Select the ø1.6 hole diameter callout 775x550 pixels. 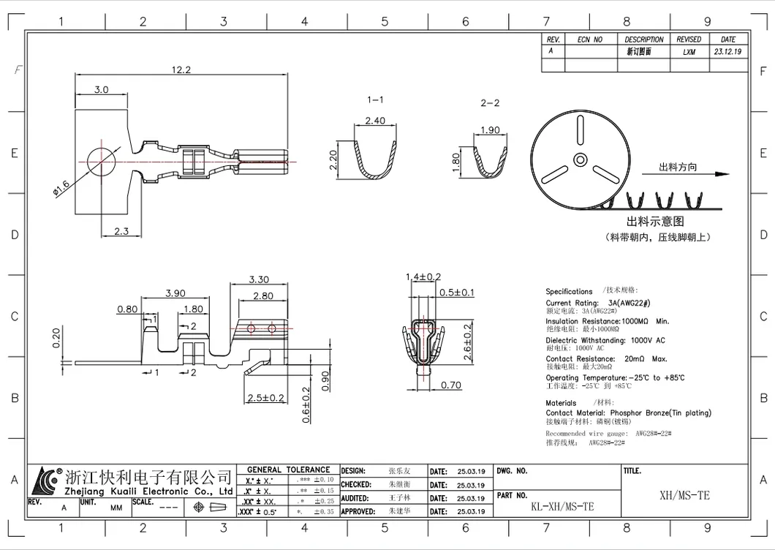(x=61, y=187)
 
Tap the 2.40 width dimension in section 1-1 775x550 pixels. (x=374, y=120)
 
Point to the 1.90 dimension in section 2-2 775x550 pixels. (x=490, y=130)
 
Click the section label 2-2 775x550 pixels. (x=490, y=103)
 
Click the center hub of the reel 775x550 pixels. (x=580, y=158)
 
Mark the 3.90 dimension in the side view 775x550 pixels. (x=174, y=293)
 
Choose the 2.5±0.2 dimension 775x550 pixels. (x=265, y=398)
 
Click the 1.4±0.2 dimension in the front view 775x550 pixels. (x=423, y=276)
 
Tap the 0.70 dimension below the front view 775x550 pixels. (x=451, y=385)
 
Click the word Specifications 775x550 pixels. (x=569, y=291)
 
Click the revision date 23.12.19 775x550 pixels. (x=727, y=52)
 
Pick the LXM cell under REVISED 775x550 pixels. (x=689, y=52)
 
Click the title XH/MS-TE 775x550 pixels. (x=684, y=495)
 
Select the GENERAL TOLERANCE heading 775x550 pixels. (x=288, y=470)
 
